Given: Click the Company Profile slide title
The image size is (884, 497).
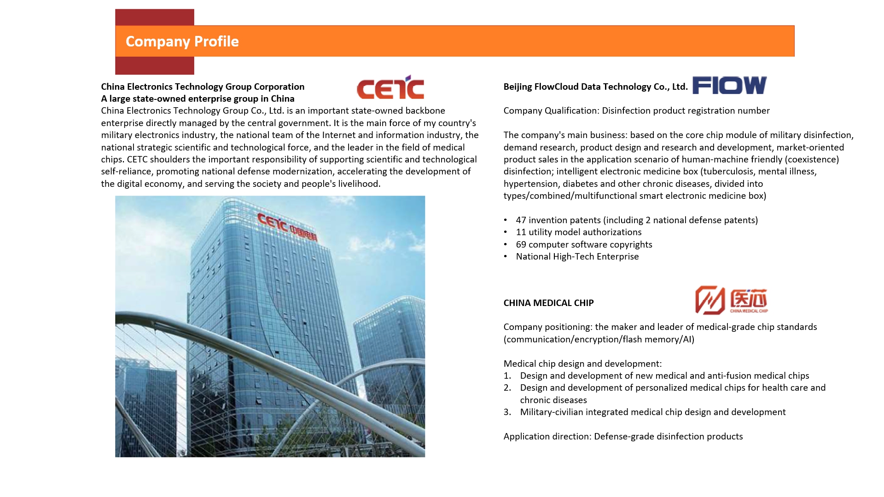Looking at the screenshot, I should click(182, 41).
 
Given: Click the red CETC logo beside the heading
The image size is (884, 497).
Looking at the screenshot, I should click(390, 87).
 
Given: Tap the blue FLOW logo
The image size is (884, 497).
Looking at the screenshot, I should click(729, 86).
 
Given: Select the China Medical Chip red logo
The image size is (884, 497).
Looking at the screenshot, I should click(731, 300).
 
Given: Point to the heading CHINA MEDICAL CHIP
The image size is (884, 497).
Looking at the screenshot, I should click(548, 303).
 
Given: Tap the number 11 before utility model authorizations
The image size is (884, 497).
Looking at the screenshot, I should click(521, 232).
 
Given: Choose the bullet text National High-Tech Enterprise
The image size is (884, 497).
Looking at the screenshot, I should click(577, 257).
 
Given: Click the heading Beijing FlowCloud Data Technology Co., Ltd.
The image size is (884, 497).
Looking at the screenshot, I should click(595, 87).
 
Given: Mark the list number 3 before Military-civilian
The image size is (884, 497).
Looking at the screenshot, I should click(507, 412).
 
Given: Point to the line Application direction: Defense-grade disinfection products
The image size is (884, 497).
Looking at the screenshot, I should click(623, 436).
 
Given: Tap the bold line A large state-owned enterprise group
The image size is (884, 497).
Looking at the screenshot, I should click(198, 98).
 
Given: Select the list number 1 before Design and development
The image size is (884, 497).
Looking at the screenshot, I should click(507, 376).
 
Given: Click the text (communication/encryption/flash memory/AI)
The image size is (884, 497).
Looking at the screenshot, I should click(599, 340).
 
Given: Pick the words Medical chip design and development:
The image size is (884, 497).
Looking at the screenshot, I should click(582, 364).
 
